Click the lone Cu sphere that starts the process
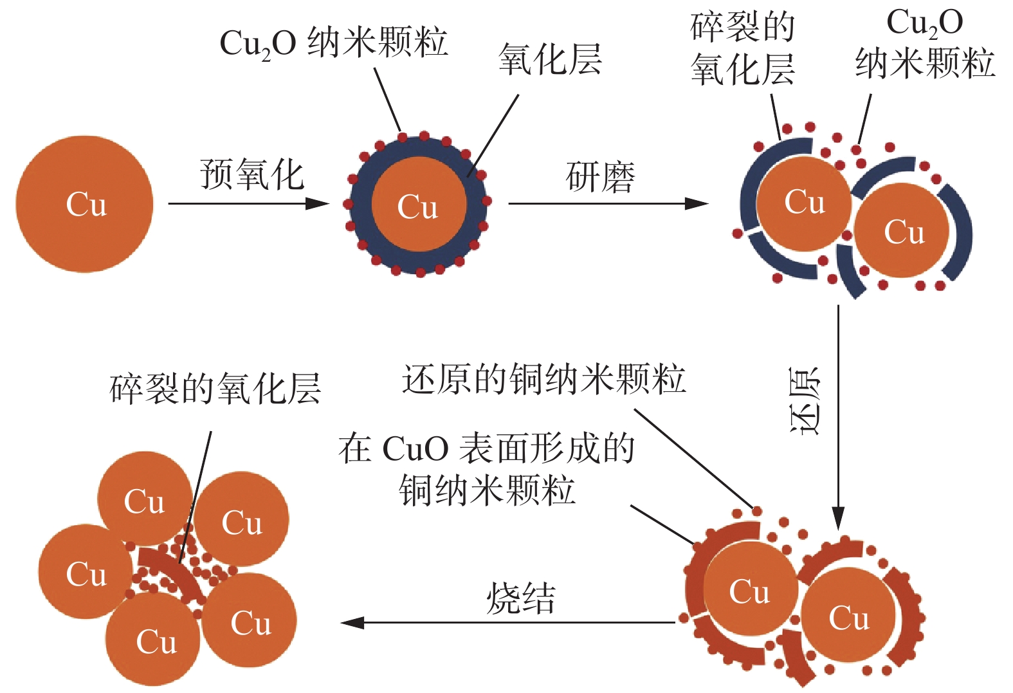84,204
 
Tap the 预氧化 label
251,174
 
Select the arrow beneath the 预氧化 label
248,204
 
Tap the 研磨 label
600,178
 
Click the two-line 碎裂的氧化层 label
743,48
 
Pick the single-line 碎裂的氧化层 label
215,389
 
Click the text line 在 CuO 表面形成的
486,448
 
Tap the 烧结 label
520,598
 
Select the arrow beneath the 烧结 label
508,622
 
